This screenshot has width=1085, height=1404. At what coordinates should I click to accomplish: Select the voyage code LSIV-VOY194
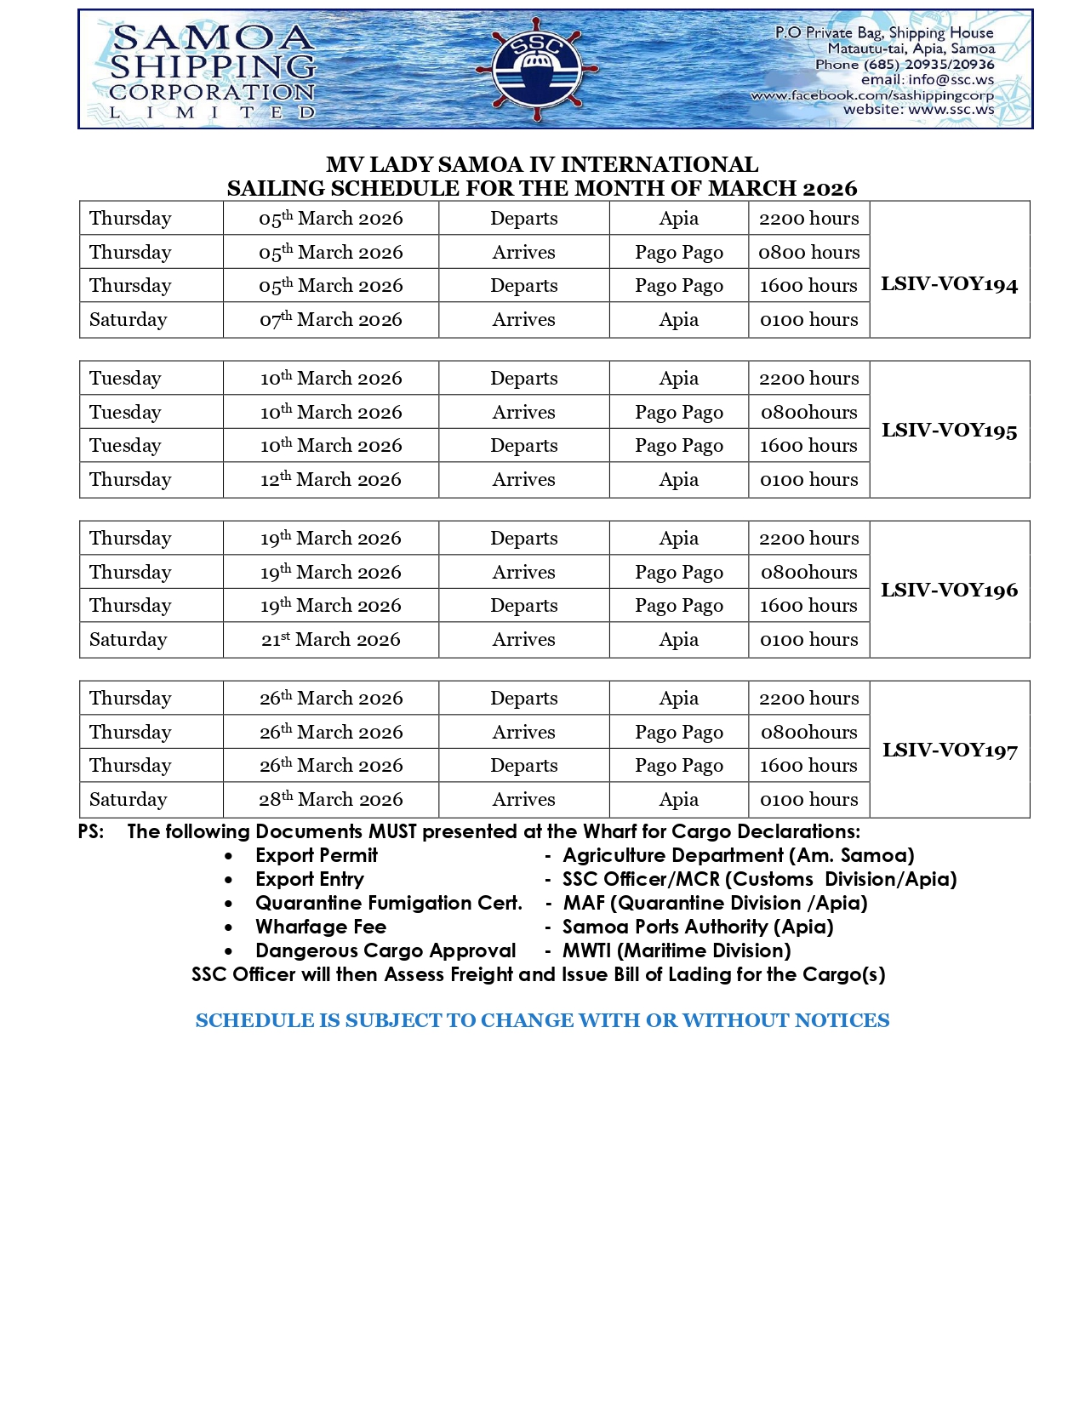949,284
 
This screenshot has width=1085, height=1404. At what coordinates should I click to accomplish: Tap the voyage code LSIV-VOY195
949,431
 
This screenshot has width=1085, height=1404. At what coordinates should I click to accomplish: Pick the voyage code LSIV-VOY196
949,591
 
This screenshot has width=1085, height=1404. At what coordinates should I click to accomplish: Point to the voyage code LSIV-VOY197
949,751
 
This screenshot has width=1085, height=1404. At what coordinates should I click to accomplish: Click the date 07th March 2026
331,320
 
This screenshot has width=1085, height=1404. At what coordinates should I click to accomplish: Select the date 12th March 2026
331,480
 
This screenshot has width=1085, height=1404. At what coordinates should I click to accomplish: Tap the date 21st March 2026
331,640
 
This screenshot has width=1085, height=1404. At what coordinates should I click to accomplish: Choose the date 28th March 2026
331,800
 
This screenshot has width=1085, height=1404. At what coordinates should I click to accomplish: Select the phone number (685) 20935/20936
928,64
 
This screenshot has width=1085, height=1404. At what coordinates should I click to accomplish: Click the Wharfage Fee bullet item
321,927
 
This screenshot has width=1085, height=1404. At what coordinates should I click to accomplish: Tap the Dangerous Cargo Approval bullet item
385,950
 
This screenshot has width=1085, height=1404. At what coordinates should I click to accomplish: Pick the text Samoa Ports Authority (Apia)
698,927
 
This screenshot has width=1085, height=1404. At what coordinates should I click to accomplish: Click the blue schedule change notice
542,1020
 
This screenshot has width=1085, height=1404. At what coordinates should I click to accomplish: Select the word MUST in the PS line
392,831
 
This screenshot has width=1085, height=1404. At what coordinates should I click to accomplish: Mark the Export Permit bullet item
317,855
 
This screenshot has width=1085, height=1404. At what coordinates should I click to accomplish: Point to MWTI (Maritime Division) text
677,950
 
